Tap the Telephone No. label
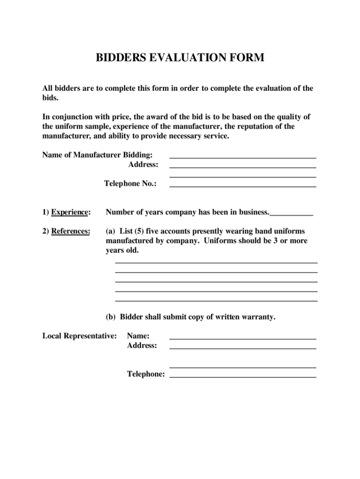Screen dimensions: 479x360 point(130,184)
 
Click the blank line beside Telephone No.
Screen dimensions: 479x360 point(243,186)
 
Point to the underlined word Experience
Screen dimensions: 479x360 point(70,212)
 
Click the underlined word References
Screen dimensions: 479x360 point(71,231)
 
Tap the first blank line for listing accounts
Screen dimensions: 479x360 point(216,262)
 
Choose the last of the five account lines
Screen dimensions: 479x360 point(216,300)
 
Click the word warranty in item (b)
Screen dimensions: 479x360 point(257,317)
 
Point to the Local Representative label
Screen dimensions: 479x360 point(79,336)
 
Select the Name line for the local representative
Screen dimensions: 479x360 point(243,338)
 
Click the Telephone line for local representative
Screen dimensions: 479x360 point(243,377)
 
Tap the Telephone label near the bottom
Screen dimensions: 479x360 point(146,374)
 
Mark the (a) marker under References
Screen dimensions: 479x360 point(111,231)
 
